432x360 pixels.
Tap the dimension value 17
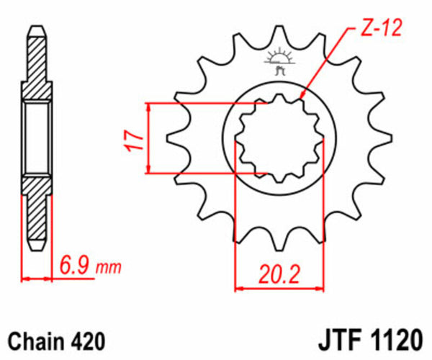point(130,138)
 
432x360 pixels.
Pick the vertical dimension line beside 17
point(149,138)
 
